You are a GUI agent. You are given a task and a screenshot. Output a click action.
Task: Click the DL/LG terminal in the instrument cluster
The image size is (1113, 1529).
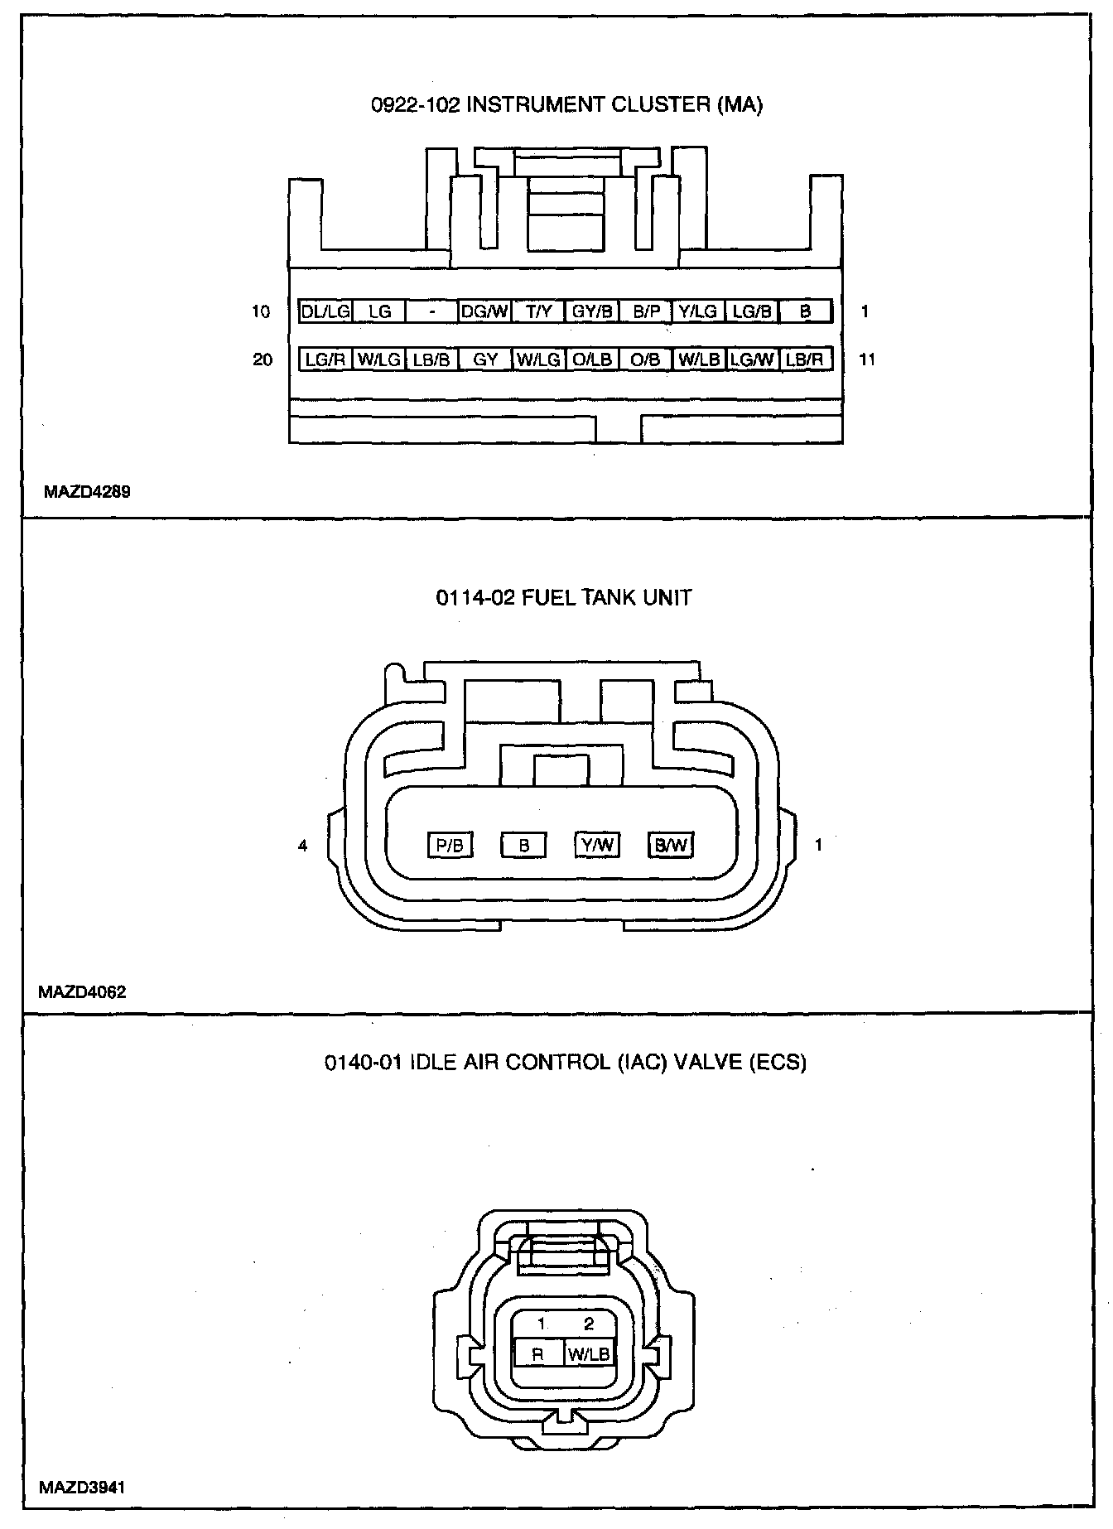tap(325, 311)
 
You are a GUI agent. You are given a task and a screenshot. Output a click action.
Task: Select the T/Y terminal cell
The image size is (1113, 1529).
tap(538, 311)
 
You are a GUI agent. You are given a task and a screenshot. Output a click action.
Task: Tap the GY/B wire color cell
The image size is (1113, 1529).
tap(592, 311)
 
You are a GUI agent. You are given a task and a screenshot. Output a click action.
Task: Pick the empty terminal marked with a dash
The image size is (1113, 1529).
tap(432, 311)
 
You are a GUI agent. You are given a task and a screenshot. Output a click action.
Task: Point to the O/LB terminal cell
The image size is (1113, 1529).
tap(592, 359)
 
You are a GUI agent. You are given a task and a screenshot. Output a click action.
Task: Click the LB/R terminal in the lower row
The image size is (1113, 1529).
tap(805, 359)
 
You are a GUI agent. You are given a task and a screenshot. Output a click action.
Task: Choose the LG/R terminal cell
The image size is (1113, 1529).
tap(325, 359)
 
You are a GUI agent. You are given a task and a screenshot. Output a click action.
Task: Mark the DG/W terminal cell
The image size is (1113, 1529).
tap(485, 311)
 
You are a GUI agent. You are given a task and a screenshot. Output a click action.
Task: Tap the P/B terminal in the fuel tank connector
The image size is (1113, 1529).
tap(450, 845)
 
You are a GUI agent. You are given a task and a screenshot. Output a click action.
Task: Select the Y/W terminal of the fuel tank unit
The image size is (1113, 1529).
tap(597, 845)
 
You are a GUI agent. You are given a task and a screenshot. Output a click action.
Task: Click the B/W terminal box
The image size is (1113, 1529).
tap(671, 845)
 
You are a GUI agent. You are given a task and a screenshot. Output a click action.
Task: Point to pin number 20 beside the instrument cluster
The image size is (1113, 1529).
tap(263, 359)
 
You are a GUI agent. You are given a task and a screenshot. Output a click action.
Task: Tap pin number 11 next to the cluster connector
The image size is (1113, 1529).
tap(867, 359)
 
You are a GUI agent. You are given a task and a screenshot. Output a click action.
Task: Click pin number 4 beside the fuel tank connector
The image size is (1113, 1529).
tap(303, 846)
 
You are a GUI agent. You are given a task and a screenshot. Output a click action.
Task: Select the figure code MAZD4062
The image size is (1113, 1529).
tap(83, 992)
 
